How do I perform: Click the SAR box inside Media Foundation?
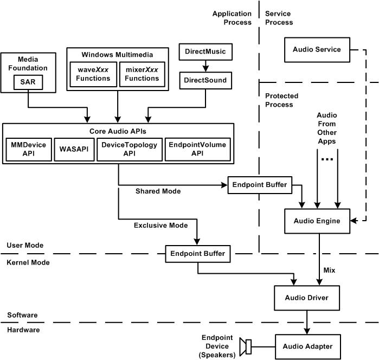coord(28,83)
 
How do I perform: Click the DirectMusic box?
coord(205,53)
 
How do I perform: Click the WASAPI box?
coord(73,149)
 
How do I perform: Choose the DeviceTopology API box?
coord(130,149)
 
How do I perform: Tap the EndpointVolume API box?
coord(197,149)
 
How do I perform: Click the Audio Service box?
coord(317,50)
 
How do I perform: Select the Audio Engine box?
coord(317,221)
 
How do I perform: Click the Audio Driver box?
coord(307,298)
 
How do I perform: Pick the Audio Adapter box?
coord(307,346)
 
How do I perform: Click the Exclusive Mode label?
coord(161,225)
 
